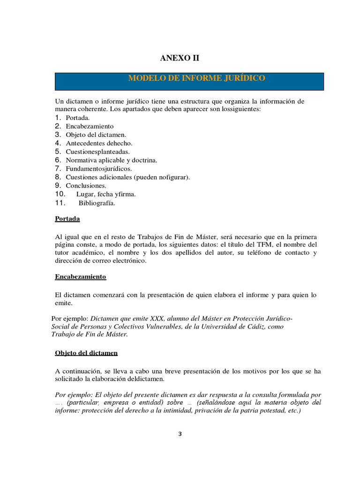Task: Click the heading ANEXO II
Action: tap(180, 58)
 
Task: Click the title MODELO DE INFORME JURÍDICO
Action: tap(196, 78)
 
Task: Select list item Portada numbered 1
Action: tap(77, 118)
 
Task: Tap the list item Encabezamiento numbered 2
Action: tap(90, 126)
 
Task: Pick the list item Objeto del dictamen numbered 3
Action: tap(96, 135)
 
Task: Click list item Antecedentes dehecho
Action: tap(99, 143)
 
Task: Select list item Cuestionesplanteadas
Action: tap(98, 151)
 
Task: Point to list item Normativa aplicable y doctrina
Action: tap(111, 160)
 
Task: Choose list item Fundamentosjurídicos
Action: tap(99, 168)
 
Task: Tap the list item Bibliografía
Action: tap(97, 203)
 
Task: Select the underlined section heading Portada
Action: tap(67, 219)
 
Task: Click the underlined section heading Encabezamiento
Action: tap(81, 277)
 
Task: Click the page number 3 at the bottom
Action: tap(180, 434)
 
